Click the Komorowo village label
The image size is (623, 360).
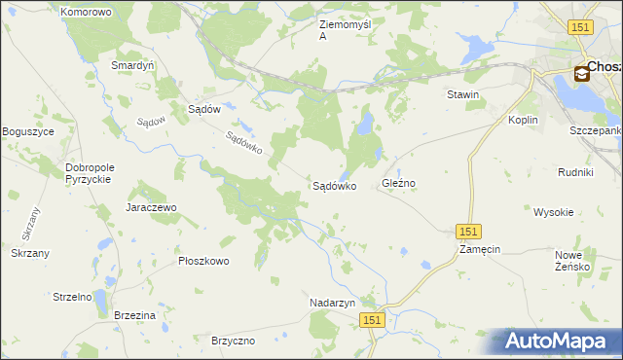[x=86, y=12]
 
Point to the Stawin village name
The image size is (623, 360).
[x=462, y=94]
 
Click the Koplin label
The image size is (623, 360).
[x=524, y=120]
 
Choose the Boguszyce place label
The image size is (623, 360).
[x=28, y=131]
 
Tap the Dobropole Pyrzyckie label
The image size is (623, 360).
[x=89, y=173]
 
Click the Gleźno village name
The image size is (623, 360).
[x=399, y=183]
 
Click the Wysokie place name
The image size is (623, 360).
[x=553, y=211]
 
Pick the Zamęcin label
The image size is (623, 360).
[x=479, y=249]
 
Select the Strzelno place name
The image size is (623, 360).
[x=72, y=297]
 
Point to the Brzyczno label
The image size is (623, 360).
[x=233, y=341]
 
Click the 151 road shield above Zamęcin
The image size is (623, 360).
[x=469, y=231]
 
